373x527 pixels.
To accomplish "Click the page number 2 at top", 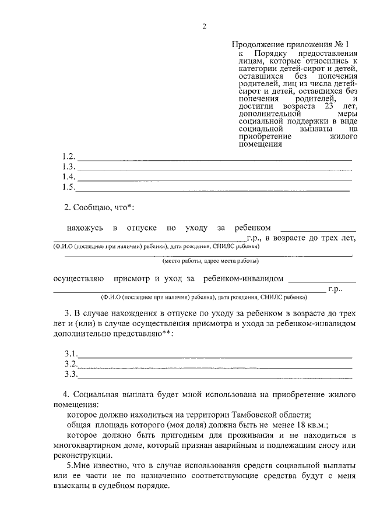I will (x=205, y=26).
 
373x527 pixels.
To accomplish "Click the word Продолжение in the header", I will (x=254, y=44).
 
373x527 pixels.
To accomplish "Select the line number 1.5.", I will (x=69, y=187).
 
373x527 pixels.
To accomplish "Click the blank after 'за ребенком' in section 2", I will (x=318, y=229).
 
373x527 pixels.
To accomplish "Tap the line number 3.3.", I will (x=71, y=374).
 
